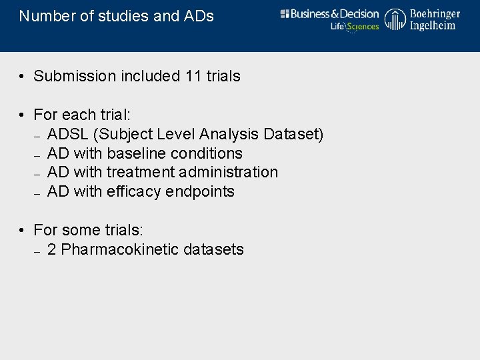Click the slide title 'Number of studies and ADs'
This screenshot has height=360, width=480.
pyautogui.click(x=117, y=16)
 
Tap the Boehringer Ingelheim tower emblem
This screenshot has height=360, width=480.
pyautogui.click(x=395, y=19)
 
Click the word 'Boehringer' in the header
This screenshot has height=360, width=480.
pyautogui.click(x=435, y=13)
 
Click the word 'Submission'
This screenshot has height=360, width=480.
pyautogui.click(x=75, y=76)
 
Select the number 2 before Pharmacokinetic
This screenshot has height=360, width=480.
pyautogui.click(x=52, y=249)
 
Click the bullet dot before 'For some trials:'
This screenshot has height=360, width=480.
pyautogui.click(x=22, y=231)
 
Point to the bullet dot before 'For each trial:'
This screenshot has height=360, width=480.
pyautogui.click(x=22, y=115)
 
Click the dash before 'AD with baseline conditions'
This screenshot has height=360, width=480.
pyautogui.click(x=38, y=154)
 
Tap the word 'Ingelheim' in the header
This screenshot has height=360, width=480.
pyautogui.click(x=433, y=25)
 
